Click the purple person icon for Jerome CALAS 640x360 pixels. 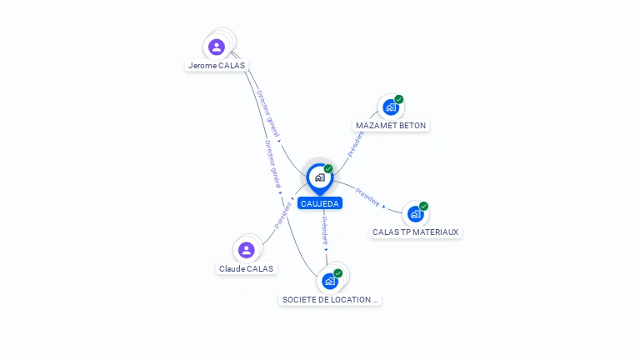pyautogui.click(x=217, y=47)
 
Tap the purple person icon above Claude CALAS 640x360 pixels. pyautogui.click(x=246, y=250)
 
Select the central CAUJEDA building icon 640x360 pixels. pyautogui.click(x=319, y=177)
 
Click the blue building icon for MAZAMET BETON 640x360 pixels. pyautogui.click(x=390, y=107)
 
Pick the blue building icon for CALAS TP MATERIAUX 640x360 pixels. pyautogui.click(x=415, y=214)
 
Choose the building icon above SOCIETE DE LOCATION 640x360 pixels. pyautogui.click(x=329, y=281)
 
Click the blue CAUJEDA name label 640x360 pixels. pyautogui.click(x=320, y=203)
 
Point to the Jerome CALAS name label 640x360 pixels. pyautogui.click(x=217, y=65)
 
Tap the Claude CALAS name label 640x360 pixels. pyautogui.click(x=246, y=268)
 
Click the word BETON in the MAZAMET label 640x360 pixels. pyautogui.click(x=412, y=126)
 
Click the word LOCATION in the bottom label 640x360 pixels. pyautogui.click(x=350, y=299)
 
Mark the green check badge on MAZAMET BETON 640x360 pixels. pyautogui.click(x=399, y=99)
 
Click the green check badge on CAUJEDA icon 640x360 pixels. pyautogui.click(x=328, y=168)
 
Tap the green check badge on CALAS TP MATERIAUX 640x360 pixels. pyautogui.click(x=423, y=206)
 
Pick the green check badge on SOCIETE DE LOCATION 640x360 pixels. pyautogui.click(x=337, y=272)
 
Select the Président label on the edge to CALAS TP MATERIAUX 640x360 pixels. pyautogui.click(x=367, y=197)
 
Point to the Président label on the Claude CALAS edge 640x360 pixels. pyautogui.click(x=283, y=214)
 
